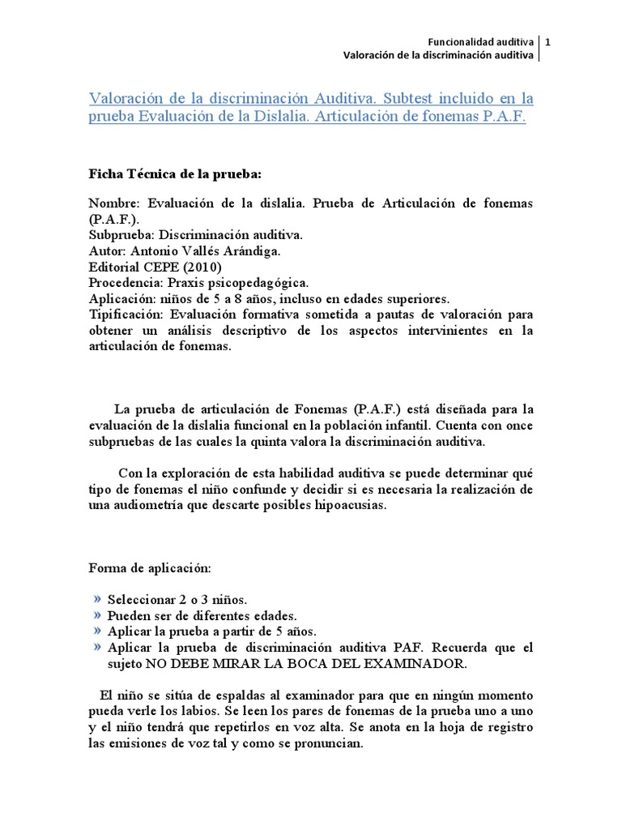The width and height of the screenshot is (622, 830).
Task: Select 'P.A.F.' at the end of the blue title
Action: point(504,117)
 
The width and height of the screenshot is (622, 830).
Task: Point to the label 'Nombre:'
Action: point(117,203)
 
